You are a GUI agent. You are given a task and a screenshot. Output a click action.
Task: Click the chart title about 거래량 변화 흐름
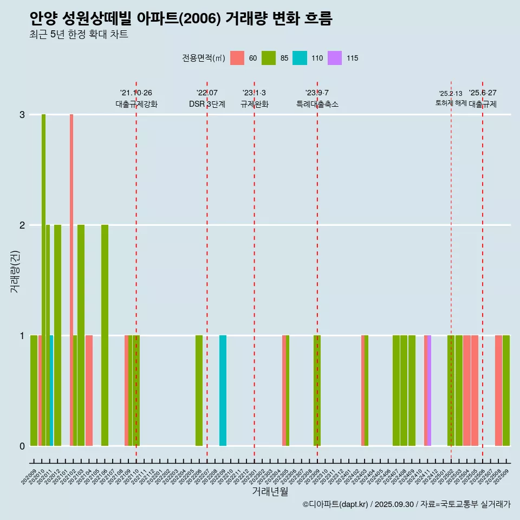(x=180, y=19)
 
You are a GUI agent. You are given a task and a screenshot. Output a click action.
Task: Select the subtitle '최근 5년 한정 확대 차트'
(x=79, y=35)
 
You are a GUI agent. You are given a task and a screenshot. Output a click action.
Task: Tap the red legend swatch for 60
(x=237, y=58)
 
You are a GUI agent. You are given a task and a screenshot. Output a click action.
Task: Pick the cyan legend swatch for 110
(x=300, y=58)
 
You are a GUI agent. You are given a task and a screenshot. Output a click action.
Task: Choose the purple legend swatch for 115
(x=335, y=58)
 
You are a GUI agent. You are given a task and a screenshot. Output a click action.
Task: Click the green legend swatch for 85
(x=269, y=58)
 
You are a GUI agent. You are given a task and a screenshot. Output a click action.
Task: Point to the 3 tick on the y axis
(x=22, y=115)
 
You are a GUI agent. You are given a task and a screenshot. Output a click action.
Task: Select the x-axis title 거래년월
(x=270, y=491)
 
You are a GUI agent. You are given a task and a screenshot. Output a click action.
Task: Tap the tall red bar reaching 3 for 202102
(x=71, y=280)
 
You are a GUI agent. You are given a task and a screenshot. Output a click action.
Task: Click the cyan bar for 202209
(x=223, y=391)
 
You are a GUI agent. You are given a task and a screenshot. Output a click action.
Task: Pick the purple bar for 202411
(x=429, y=391)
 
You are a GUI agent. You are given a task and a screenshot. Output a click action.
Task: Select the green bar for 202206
(x=199, y=391)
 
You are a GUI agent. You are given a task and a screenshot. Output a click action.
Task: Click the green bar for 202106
(x=105, y=335)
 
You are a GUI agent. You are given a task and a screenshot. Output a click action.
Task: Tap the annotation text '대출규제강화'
(x=136, y=104)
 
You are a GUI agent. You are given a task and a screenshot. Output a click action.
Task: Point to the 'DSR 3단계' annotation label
(x=207, y=104)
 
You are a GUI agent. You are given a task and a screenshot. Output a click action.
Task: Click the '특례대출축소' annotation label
(x=317, y=104)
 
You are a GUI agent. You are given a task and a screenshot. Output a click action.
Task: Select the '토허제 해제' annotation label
(x=451, y=103)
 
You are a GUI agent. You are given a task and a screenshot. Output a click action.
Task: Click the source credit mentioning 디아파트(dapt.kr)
(x=406, y=504)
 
